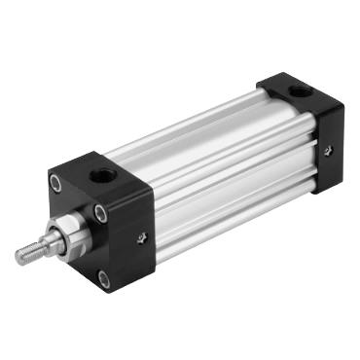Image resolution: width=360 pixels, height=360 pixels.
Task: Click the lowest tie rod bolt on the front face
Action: point(104,280)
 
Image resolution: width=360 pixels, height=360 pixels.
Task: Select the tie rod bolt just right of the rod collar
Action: point(100,214)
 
